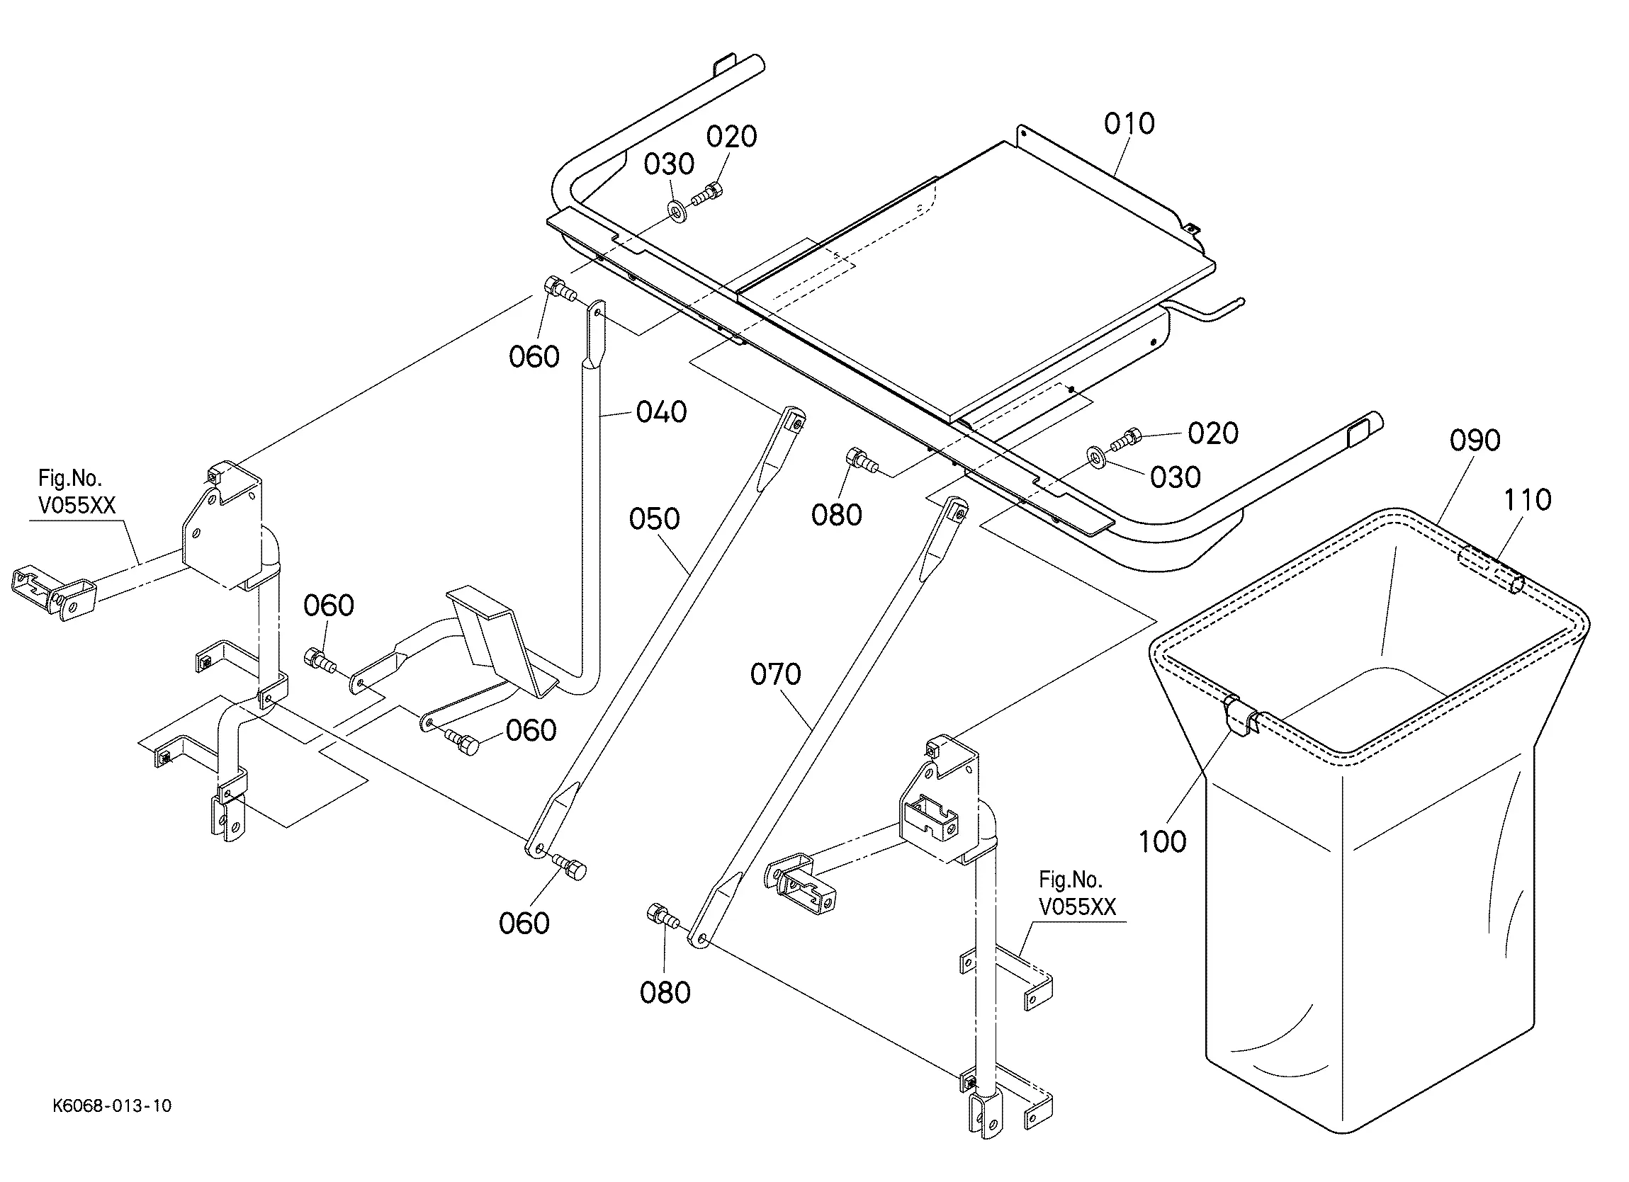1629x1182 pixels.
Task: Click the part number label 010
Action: (x=1129, y=123)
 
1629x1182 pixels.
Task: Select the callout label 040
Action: (x=661, y=412)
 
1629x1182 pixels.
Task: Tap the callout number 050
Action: (x=653, y=518)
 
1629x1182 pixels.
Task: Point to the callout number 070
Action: (x=775, y=674)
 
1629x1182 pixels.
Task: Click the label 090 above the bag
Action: (x=1475, y=441)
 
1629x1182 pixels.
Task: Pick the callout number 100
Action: (x=1162, y=841)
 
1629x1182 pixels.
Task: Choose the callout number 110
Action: (x=1527, y=500)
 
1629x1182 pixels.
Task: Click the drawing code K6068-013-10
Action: (x=112, y=1106)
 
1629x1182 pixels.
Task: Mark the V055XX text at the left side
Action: (x=76, y=506)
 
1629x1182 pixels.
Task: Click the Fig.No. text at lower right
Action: (x=1069, y=880)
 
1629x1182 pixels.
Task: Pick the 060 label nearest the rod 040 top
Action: (x=534, y=357)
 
